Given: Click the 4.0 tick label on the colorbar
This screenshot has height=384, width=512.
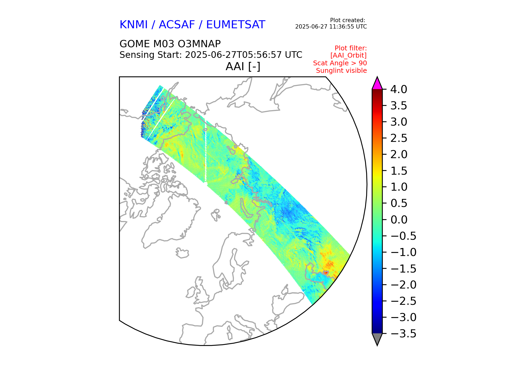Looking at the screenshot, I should (398, 90).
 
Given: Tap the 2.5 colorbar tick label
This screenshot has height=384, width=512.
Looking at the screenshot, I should (399, 138).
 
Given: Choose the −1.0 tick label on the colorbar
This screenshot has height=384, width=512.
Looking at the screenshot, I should (403, 252).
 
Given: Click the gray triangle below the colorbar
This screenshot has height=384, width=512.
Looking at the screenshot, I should (377, 339).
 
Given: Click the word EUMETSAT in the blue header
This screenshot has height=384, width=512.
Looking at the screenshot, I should (235, 25).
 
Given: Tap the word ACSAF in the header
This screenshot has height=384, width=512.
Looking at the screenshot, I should (177, 25).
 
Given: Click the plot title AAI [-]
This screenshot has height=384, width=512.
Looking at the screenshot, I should (243, 67).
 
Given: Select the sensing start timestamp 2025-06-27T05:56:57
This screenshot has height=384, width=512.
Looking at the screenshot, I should (233, 55).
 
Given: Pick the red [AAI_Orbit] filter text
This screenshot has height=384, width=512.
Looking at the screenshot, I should (348, 55).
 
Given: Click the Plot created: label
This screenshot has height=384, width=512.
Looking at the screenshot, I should (347, 20).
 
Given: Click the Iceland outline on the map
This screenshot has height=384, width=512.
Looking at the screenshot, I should (182, 253).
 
